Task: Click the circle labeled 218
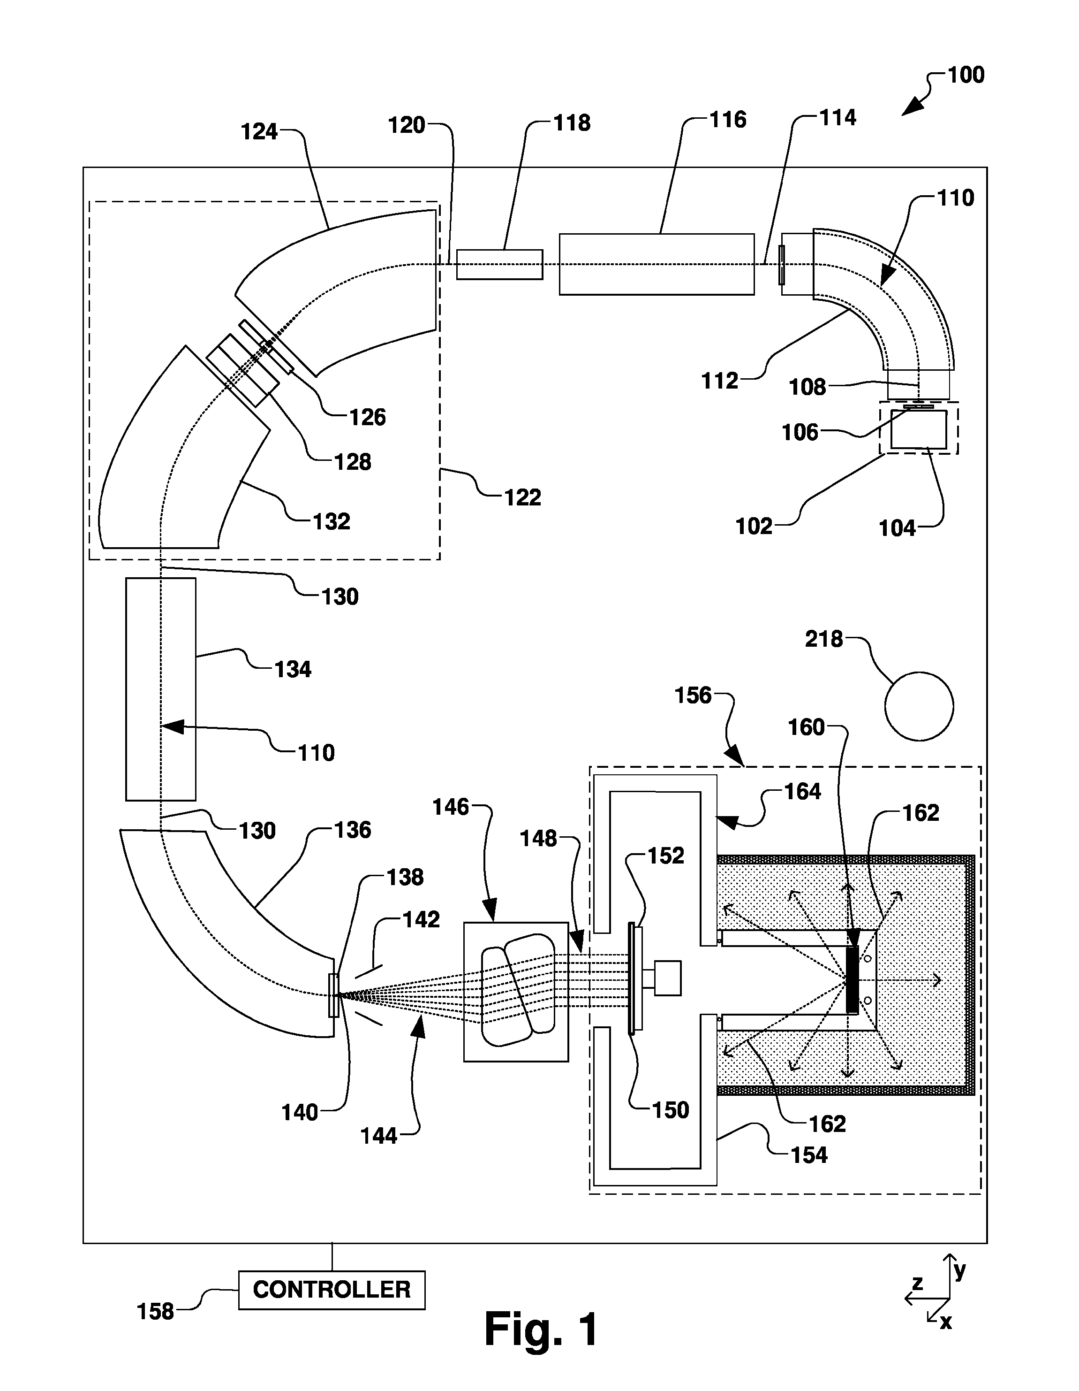pyautogui.click(x=919, y=706)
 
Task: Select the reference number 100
pyautogui.click(x=966, y=75)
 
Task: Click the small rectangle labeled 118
pyautogui.click(x=500, y=264)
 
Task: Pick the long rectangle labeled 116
pyautogui.click(x=657, y=264)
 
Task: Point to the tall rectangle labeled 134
pyautogui.click(x=161, y=689)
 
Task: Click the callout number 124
pyautogui.click(x=259, y=132)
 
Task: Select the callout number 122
pyautogui.click(x=523, y=497)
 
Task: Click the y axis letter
pyautogui.click(x=960, y=1271)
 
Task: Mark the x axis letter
pyautogui.click(x=946, y=1322)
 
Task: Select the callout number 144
pyautogui.click(x=379, y=1136)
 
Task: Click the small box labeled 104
pyautogui.click(x=919, y=429)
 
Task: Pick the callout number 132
pyautogui.click(x=331, y=522)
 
